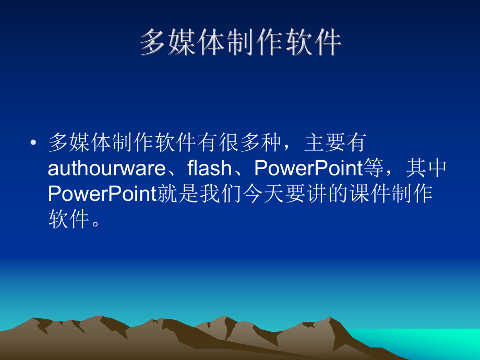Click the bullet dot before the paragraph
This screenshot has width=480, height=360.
(34, 142)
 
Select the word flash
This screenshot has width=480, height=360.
(209, 169)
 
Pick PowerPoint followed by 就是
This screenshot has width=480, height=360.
(102, 194)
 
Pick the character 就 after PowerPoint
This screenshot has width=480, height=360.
(169, 194)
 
